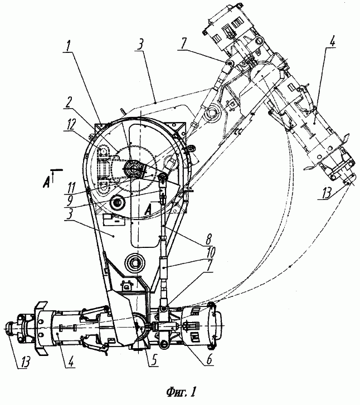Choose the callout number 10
210,252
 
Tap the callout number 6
210,359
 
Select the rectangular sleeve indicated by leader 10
164,267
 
